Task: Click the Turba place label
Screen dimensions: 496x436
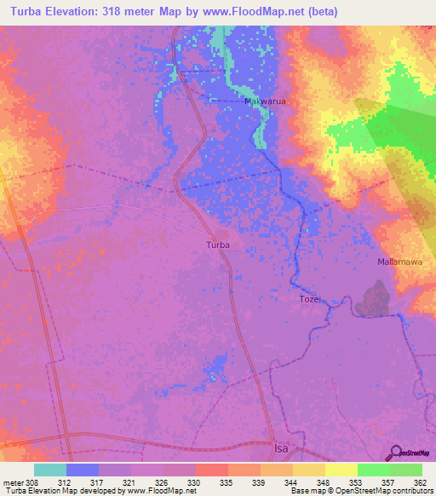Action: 218,245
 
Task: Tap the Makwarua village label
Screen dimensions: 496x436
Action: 264,102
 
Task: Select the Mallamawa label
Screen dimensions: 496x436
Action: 399,262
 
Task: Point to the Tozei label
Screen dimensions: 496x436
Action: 310,299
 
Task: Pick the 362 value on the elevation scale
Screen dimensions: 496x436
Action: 421,482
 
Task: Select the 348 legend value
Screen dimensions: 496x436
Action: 324,482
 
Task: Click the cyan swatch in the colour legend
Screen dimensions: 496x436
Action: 50,470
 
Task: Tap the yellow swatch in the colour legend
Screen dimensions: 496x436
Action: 341,470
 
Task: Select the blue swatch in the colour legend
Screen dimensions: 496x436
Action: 83,470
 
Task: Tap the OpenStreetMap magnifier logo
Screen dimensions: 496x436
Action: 394,452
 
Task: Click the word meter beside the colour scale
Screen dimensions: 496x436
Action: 14,482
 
